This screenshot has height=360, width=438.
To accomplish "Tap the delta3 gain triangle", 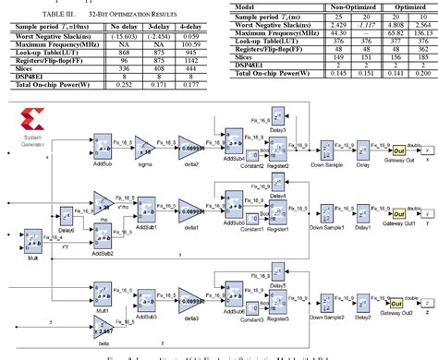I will [190, 303].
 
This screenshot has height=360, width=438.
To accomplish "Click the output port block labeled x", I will [427, 150].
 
